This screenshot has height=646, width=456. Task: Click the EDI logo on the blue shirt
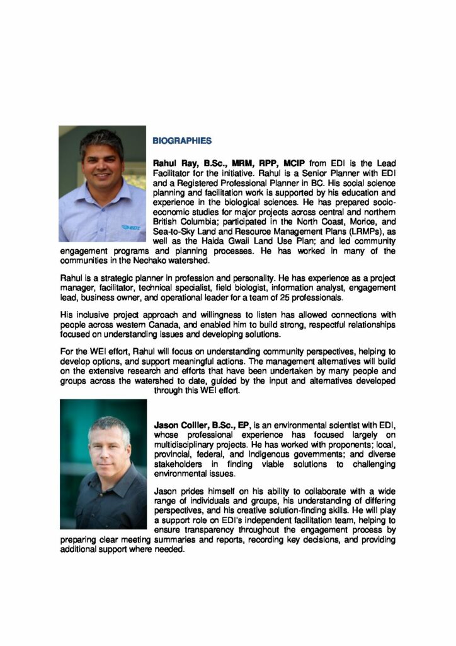135,226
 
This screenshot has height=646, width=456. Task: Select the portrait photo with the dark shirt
104,464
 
